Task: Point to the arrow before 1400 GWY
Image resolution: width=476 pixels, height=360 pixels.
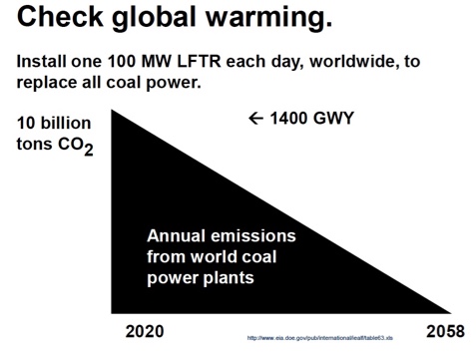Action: point(256,120)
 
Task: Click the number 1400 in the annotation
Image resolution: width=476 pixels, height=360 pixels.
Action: point(291,120)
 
